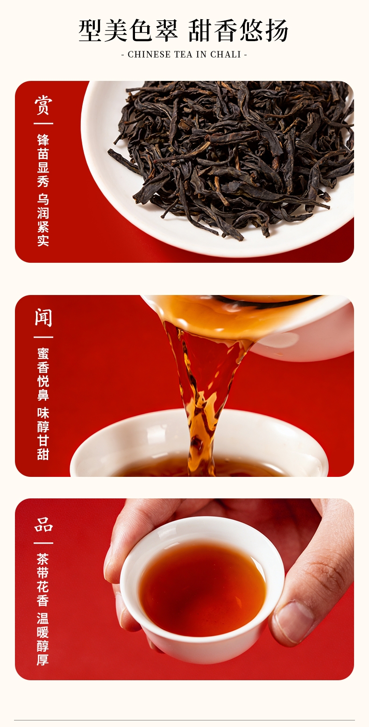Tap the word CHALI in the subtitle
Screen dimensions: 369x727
coord(226,55)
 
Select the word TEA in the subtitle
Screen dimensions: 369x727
coord(184,55)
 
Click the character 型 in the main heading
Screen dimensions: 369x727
coord(90,31)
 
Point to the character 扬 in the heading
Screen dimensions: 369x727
coord(276,31)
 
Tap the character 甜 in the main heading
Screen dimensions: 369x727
coord(200,31)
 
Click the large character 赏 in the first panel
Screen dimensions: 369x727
coord(43,105)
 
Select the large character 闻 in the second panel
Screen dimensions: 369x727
coord(43,317)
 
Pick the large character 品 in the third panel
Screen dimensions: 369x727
coord(43,525)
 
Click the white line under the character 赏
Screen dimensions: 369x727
coord(43,123)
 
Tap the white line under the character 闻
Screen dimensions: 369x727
coord(43,337)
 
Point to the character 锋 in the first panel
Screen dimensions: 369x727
coord(43,140)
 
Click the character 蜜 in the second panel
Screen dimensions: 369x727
coord(43,354)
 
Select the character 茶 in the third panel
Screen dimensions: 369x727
coord(43,559)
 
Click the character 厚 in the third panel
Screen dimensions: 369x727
coord(43,659)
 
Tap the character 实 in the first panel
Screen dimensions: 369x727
coord(43,240)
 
